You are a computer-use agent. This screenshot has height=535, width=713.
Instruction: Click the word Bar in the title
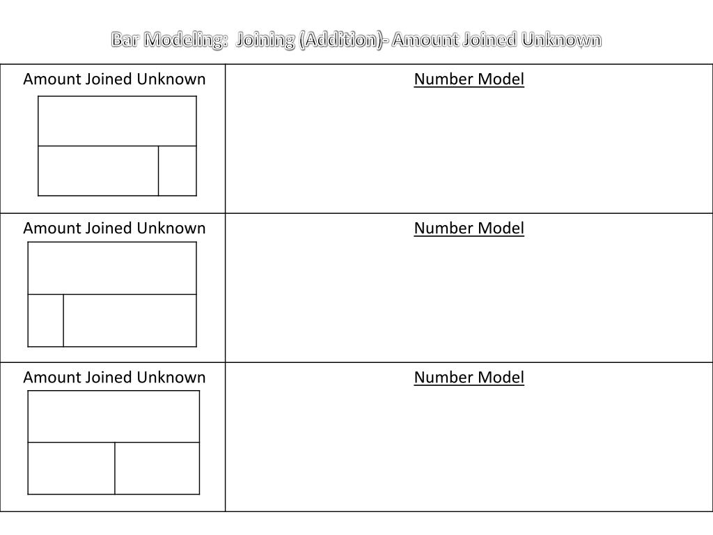[x=125, y=40]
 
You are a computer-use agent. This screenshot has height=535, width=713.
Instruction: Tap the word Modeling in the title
[x=182, y=40]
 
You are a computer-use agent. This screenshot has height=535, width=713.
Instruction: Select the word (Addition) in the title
[x=334, y=40]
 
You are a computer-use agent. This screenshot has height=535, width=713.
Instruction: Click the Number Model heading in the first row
[x=469, y=79]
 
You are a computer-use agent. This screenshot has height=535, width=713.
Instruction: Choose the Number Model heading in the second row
[x=469, y=228]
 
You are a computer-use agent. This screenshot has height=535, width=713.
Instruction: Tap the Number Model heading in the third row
[x=469, y=378]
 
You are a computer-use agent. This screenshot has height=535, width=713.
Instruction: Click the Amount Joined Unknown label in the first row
[x=114, y=79]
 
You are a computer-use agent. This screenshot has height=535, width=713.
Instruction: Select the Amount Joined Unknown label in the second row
[x=114, y=228]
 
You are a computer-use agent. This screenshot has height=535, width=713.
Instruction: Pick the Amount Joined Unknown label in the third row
[x=114, y=378]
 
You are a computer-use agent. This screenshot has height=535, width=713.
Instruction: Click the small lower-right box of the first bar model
[x=178, y=171]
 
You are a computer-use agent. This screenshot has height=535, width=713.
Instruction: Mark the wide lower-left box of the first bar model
[x=98, y=171]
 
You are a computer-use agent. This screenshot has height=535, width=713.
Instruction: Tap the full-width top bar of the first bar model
[x=117, y=121]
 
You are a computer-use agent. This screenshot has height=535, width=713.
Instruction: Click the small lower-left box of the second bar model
[x=46, y=320]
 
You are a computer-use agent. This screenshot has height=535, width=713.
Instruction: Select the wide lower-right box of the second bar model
[x=130, y=320]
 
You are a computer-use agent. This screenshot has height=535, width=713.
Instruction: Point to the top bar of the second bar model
[x=112, y=268]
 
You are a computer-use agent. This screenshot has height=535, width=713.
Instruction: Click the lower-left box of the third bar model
[x=71, y=468]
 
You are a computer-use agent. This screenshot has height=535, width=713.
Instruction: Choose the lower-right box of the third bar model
[x=157, y=468]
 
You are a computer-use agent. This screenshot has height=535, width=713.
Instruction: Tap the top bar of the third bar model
[x=113, y=417]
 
